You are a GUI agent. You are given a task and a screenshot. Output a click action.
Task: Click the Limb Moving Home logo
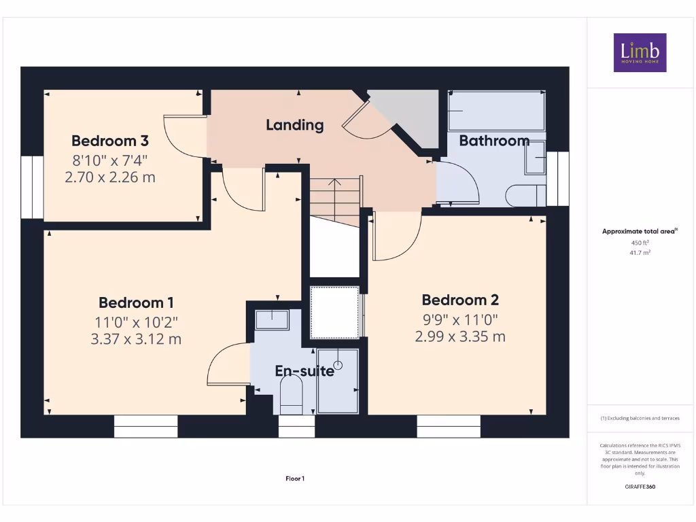pos(640,52)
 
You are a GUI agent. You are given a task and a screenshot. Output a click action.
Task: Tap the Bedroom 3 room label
pos(110,141)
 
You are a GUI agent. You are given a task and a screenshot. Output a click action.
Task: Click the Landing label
pos(294,125)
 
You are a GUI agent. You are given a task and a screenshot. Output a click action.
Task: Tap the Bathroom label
pos(494,141)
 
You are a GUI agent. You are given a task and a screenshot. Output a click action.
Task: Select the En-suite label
pos(304,371)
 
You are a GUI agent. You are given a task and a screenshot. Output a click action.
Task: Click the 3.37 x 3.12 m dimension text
pos(136,338)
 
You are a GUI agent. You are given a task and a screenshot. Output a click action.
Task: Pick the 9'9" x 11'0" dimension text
pos(460,318)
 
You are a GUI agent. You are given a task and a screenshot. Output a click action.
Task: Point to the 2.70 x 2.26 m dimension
pos(110,178)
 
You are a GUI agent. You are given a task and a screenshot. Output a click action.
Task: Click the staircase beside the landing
pos(335,201)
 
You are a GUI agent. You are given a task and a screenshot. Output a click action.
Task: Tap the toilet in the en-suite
pos(291,395)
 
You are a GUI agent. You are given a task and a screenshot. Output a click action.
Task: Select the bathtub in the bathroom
pos(496,110)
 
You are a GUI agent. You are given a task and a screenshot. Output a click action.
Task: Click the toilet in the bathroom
pos(525,195)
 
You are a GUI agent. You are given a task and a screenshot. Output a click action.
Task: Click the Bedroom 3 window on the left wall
pos(31,188)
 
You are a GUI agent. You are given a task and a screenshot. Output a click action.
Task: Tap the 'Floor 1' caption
pos(294,478)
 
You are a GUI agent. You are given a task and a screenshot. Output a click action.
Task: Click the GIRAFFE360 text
pos(640,487)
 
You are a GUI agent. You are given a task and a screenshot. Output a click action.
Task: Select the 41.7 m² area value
pos(640,252)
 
